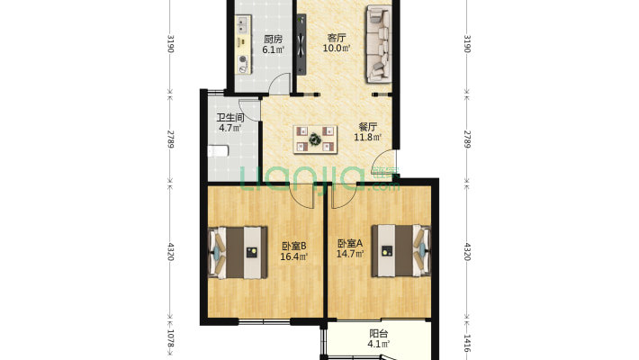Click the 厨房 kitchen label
pos(273,40)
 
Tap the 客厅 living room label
pos(337,39)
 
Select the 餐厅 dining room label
pos(367,127)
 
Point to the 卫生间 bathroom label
pos(230,118)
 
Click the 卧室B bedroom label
pos(293,247)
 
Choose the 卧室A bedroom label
pos(350,244)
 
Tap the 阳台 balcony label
pos(378,334)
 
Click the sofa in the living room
pos(379,43)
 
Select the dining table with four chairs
pos(315,139)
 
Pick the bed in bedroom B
pos(238,253)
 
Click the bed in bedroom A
pos(401,251)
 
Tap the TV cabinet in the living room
pos(301,44)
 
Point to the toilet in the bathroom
pos(218,151)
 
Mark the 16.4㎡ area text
pos(293,256)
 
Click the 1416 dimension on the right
pos(467,343)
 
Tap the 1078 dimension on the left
pos(170,339)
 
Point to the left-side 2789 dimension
pos(170,139)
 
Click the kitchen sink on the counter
pos(242,24)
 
